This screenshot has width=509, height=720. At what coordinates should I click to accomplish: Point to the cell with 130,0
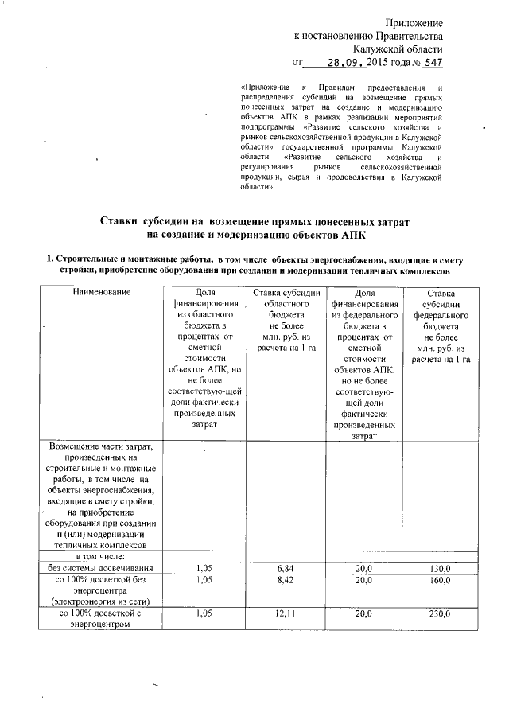(441, 569)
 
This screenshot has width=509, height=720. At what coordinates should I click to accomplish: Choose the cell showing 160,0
(441, 581)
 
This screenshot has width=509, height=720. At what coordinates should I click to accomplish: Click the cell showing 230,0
(441, 614)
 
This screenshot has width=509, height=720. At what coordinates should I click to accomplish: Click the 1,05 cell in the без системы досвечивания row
(204, 569)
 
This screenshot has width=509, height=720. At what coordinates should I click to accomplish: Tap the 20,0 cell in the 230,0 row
(363, 614)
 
